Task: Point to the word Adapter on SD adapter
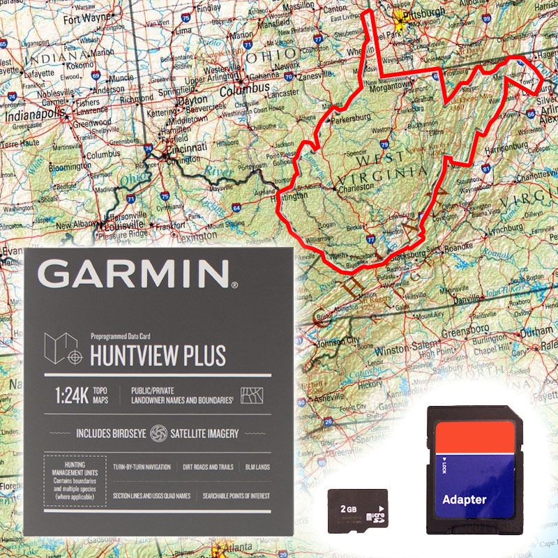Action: [x=465, y=499]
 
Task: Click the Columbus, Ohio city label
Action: [x=244, y=90]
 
